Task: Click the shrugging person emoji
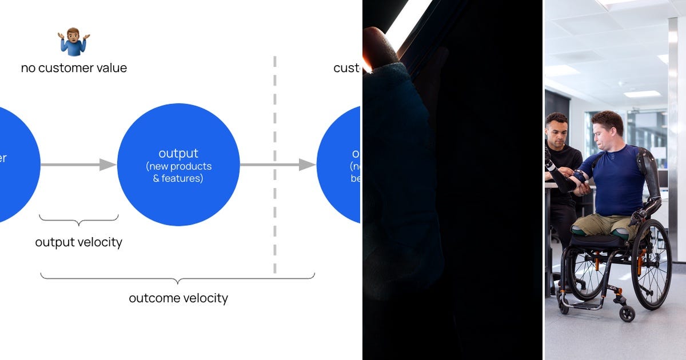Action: (x=74, y=42)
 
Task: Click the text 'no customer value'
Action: (x=74, y=68)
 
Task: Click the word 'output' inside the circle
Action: (x=178, y=153)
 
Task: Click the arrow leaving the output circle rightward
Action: (x=277, y=165)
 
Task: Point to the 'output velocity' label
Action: (x=79, y=242)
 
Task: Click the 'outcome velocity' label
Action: (x=178, y=298)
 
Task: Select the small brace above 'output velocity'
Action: (x=79, y=219)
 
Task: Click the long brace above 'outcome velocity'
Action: (x=177, y=278)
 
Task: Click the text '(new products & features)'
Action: (x=178, y=172)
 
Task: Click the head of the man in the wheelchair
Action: (x=607, y=129)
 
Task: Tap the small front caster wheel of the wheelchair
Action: (x=627, y=313)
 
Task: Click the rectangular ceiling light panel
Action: (x=642, y=94)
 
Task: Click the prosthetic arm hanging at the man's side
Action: (x=651, y=183)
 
